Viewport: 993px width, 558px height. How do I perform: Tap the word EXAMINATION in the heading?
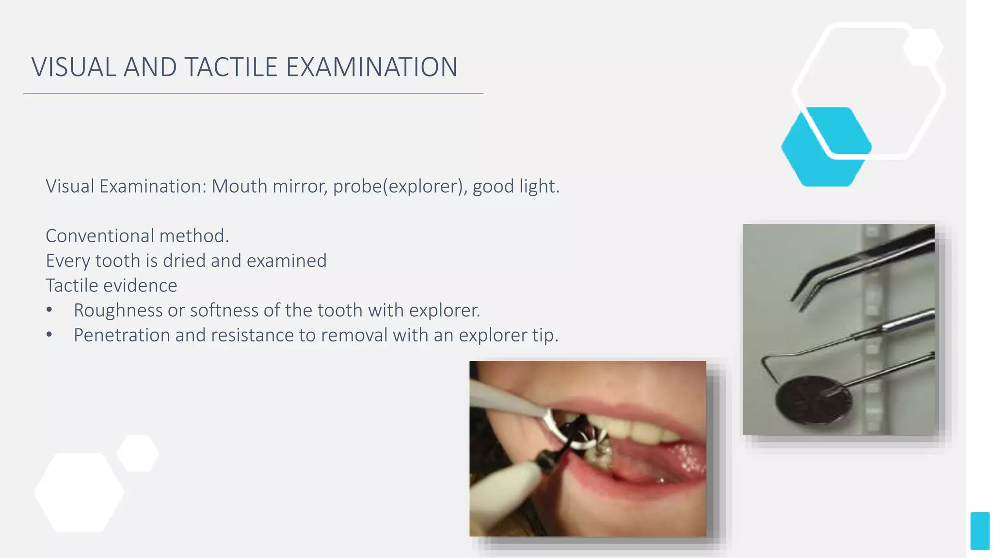point(371,67)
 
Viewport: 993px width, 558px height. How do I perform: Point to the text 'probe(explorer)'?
point(398,186)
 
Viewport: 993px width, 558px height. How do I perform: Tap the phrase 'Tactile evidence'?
point(111,285)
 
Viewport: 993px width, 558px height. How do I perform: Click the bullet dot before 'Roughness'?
point(49,310)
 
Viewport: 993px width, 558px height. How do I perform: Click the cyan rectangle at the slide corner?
point(979,531)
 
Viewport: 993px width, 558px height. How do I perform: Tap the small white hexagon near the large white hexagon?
point(138,453)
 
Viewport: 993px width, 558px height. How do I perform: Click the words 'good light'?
point(515,186)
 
